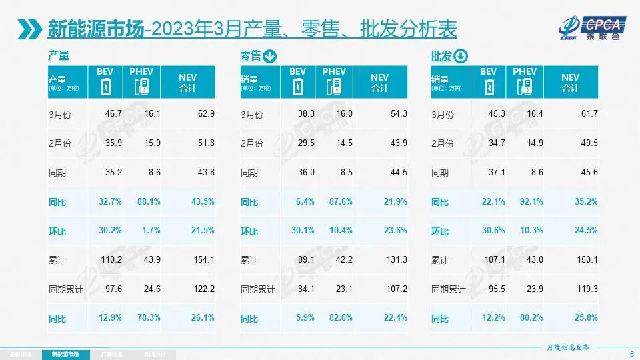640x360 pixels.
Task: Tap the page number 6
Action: pos(631,353)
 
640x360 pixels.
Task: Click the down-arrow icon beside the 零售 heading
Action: pos(269,57)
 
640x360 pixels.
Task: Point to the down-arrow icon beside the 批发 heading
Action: pos(461,57)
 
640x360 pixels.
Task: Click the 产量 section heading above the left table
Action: pos(59,57)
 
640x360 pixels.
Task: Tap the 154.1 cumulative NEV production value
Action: pos(203,260)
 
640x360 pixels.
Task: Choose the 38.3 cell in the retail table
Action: pos(305,114)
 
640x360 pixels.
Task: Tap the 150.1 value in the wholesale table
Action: pos(586,260)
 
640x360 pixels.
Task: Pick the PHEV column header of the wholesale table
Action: pos(525,72)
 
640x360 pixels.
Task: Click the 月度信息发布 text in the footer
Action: pos(565,347)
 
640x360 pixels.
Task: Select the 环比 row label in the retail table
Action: pos(249,231)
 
